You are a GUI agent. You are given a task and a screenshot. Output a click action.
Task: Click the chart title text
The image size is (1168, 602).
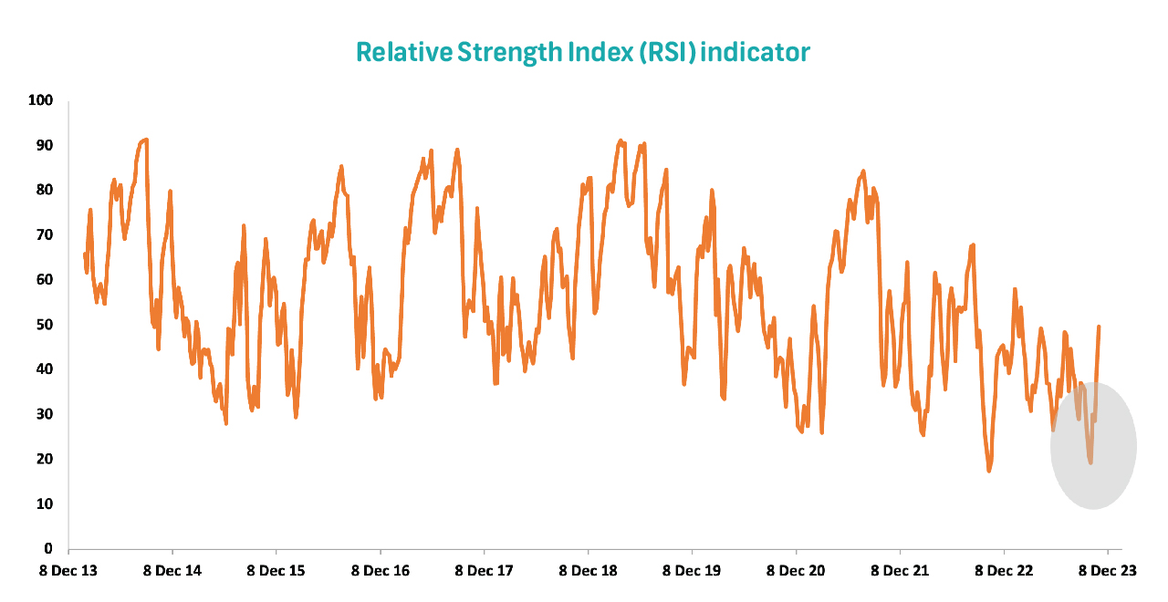pyautogui.click(x=582, y=52)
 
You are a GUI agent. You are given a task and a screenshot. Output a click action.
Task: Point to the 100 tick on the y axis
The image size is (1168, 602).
pyautogui.click(x=42, y=100)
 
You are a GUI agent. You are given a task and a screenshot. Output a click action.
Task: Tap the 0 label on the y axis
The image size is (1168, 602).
pyautogui.click(x=49, y=549)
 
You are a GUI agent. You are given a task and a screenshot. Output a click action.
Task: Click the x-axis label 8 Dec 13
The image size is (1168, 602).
pyautogui.click(x=69, y=571)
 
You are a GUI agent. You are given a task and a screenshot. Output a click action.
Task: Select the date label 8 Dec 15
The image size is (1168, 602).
pyautogui.click(x=276, y=571)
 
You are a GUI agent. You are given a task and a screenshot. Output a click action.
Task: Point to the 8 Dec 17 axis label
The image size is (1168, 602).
pyautogui.click(x=485, y=571)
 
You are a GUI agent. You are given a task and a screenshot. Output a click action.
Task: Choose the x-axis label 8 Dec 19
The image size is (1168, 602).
pyautogui.click(x=693, y=571)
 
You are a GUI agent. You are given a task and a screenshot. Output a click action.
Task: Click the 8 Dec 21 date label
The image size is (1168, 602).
pyautogui.click(x=901, y=571)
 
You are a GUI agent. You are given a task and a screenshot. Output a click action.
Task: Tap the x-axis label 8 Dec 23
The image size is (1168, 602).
pyautogui.click(x=1108, y=571)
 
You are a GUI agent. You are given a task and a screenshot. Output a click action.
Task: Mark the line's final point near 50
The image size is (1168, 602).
pyautogui.click(x=1099, y=327)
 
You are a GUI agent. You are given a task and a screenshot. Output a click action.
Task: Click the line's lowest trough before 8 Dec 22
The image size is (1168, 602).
pyautogui.click(x=988, y=471)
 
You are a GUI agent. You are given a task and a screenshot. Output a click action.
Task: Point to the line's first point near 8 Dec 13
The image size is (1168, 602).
pyautogui.click(x=85, y=254)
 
